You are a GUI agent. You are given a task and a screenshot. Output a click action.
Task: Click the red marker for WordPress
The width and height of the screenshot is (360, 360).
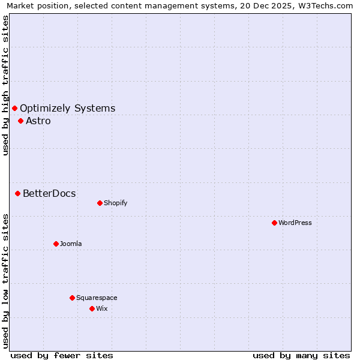274,223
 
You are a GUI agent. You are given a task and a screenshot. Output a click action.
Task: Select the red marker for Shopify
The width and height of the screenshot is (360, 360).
100,203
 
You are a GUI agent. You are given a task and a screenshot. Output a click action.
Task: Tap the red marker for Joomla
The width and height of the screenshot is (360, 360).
56,244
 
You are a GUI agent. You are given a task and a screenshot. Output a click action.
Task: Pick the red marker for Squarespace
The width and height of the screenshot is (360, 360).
72,298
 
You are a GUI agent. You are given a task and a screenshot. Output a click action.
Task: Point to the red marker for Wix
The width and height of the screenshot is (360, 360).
92,308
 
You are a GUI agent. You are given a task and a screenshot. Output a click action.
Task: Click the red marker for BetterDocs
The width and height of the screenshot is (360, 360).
18,193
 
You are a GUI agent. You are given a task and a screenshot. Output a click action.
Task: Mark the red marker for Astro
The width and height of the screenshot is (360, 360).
20,121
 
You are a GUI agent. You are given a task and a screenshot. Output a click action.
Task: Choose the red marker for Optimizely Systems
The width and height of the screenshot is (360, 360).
14,108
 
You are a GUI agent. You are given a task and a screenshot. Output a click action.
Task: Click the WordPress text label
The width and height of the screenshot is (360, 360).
295,223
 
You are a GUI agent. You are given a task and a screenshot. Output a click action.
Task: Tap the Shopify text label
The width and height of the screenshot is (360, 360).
116,203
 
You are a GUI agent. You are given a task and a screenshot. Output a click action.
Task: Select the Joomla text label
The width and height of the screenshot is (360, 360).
71,244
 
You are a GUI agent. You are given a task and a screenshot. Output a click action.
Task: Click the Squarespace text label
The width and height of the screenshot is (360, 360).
97,298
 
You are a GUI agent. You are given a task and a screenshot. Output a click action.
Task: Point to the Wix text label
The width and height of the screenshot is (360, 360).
102,308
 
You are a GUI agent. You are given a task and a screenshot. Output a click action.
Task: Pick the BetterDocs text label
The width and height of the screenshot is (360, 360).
49,193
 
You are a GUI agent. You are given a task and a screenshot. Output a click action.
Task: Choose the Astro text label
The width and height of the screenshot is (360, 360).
38,121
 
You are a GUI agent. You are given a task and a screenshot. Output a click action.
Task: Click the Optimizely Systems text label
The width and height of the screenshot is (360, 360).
67,108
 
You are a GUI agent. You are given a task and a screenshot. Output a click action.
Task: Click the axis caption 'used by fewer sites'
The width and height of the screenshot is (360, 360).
62,355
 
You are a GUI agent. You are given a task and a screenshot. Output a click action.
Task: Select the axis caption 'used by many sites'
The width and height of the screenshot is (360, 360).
301,355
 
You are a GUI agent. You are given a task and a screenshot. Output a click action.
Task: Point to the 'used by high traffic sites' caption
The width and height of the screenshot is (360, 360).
5,85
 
